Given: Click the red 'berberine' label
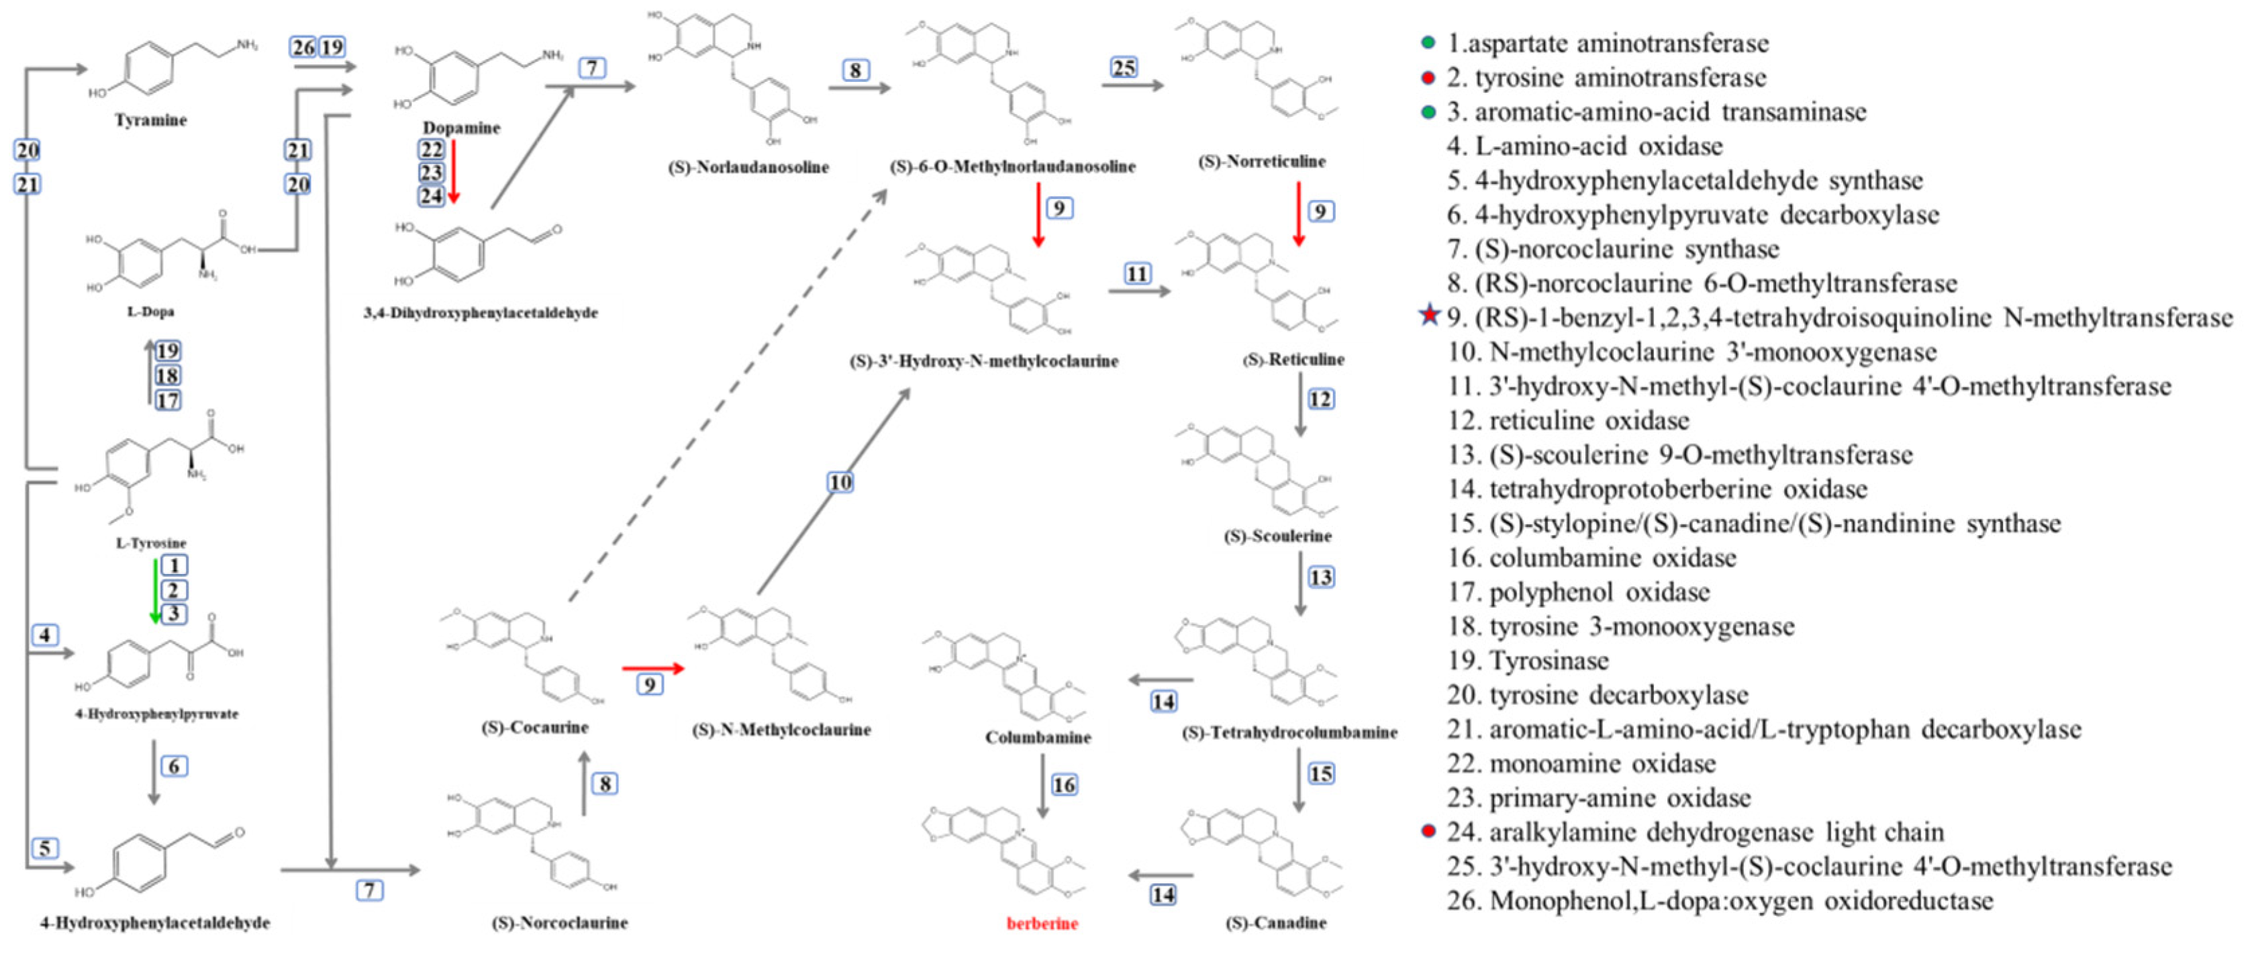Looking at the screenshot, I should (x=1041, y=922).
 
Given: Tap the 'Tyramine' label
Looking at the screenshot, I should (x=150, y=120).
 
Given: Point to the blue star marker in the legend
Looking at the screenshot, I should (x=1428, y=316).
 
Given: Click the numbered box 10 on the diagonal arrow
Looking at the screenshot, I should (x=840, y=482).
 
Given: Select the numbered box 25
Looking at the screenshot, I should (x=1124, y=67).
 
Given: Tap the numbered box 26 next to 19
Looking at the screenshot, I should (x=303, y=47).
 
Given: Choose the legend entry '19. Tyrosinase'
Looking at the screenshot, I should (x=1527, y=660).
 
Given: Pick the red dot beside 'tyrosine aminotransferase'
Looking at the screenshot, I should (x=1428, y=78).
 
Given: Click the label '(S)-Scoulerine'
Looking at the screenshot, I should (x=1277, y=536).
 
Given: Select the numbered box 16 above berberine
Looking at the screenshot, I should (x=1064, y=784).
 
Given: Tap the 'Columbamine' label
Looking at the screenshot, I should (x=1038, y=737).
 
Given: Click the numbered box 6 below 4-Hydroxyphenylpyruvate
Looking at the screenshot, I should (x=174, y=766).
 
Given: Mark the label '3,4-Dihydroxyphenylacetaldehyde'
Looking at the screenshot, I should (x=481, y=313).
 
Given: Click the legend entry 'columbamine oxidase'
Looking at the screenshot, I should (x=1591, y=558).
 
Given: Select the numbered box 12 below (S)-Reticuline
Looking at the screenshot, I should (x=1320, y=399).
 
